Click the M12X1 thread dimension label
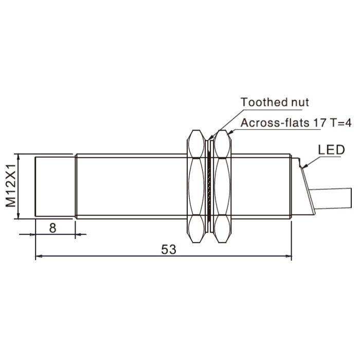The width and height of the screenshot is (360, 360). coord(11,186)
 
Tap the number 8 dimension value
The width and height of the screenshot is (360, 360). coord(52,228)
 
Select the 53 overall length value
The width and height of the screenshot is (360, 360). coord(169,249)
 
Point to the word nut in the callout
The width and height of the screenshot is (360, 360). coord(300,103)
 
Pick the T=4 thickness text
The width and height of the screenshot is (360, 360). coord(340,123)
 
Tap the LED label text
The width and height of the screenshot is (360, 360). coord(331,150)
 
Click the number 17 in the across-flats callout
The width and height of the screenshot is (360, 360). coord(319,123)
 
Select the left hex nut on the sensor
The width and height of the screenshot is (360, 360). coord(196,186)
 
